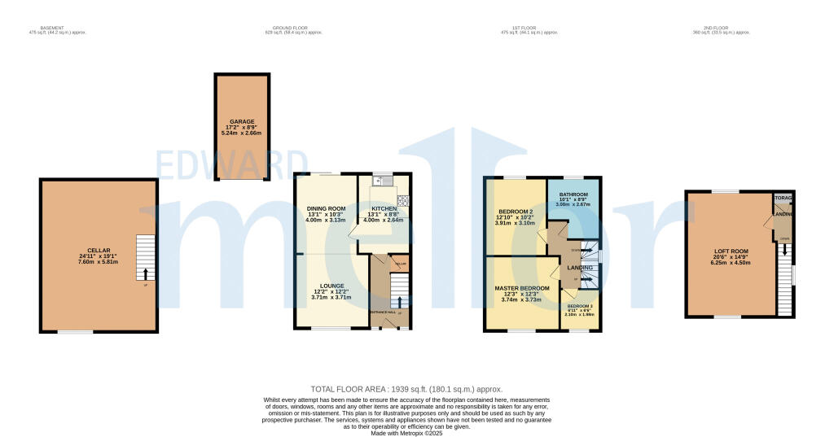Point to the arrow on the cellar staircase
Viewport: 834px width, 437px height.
145,273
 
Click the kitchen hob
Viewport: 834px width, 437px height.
402,199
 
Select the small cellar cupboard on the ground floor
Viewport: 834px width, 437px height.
399,264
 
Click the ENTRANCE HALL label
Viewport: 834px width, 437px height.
382,312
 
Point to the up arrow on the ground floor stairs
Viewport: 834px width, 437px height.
398,302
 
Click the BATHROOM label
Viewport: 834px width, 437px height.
573,194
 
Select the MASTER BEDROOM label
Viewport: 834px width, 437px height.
522,288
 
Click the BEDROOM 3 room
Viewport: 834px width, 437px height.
581,313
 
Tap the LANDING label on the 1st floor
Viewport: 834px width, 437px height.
580,267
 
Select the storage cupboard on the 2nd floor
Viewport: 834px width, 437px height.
784,199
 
